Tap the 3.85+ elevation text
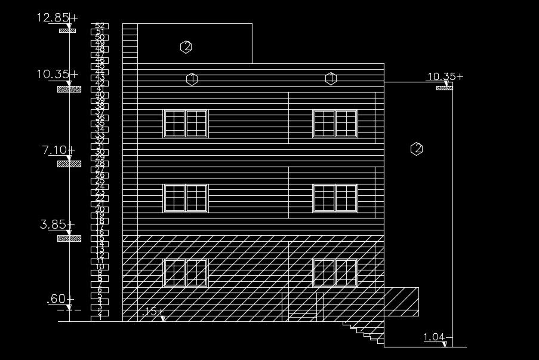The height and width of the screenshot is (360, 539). pyautogui.click(x=57, y=225)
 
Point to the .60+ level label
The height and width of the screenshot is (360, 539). pyautogui.click(x=60, y=299)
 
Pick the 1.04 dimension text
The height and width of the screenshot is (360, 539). pyautogui.click(x=435, y=338)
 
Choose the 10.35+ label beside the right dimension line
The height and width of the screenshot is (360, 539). pyautogui.click(x=444, y=76)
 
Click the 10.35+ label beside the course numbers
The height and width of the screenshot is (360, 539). pyautogui.click(x=57, y=75)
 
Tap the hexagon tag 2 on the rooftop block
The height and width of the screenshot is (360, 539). pyautogui.click(x=186, y=47)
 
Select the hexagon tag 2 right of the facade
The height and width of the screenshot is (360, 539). pyautogui.click(x=417, y=149)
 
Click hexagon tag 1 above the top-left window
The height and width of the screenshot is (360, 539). pyautogui.click(x=192, y=78)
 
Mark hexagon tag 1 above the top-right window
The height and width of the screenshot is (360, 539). pyautogui.click(x=331, y=78)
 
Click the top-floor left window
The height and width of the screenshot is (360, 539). pyautogui.click(x=186, y=124)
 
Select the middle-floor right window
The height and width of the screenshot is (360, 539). pyautogui.click(x=335, y=198)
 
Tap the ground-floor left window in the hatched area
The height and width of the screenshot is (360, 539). pyautogui.click(x=186, y=273)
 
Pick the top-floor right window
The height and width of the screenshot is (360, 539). pyautogui.click(x=335, y=124)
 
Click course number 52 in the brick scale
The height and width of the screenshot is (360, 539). pyautogui.click(x=100, y=26)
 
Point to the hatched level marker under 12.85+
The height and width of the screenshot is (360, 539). pyautogui.click(x=67, y=30)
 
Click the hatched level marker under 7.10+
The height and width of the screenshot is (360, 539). pyautogui.click(x=69, y=164)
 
